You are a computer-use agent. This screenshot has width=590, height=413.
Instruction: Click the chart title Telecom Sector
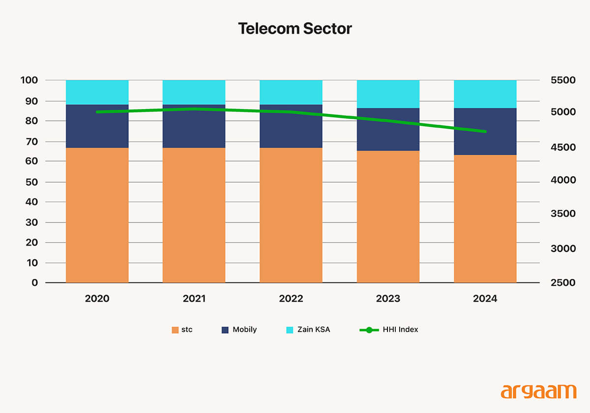click(295, 28)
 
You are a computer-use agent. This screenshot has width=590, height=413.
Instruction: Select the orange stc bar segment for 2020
click(97, 215)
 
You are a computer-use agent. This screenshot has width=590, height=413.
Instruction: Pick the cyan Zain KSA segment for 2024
click(485, 94)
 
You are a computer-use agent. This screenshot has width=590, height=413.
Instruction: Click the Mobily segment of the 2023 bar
click(388, 130)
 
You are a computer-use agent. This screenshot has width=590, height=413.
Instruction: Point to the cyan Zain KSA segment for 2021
click(194, 92)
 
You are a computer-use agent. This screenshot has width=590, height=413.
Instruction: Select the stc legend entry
click(182, 330)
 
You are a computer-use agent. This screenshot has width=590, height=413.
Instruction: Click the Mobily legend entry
click(239, 330)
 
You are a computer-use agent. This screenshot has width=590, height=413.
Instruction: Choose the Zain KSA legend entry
click(308, 330)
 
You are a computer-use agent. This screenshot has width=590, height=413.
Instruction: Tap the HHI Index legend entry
click(389, 330)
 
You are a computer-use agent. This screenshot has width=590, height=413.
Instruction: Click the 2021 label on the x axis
click(194, 299)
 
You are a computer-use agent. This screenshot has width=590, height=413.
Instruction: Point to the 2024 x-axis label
click(485, 299)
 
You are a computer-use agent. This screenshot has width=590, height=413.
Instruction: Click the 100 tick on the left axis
click(29, 80)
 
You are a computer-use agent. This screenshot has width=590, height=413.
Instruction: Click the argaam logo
click(538, 391)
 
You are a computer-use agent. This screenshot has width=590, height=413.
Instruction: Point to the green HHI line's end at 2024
click(485, 132)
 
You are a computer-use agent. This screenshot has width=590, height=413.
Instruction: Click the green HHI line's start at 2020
click(97, 112)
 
